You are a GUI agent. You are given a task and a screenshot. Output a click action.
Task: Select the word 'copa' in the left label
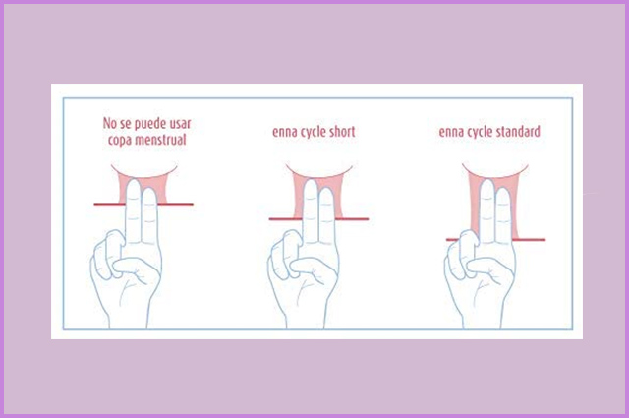[119, 141]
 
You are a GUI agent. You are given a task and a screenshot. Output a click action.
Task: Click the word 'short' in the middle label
[342, 132]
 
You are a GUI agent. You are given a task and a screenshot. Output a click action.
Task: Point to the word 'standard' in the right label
[518, 132]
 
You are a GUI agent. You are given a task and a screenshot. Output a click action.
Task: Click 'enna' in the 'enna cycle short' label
[284, 132]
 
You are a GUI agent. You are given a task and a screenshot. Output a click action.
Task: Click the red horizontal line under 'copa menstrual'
[143, 204]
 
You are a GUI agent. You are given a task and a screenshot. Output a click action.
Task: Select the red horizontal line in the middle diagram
[318, 219]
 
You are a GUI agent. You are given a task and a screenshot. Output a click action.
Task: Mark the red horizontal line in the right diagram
[495, 240]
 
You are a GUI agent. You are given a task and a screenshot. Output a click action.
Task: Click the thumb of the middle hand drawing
[311, 267]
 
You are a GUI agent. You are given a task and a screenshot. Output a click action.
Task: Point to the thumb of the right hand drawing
[487, 267]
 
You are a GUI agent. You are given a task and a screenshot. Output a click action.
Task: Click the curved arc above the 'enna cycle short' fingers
[318, 175]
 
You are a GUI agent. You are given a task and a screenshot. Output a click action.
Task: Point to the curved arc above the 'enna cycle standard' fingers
[495, 175]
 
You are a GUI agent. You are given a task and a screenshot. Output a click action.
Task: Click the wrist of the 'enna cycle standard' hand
[483, 318]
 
